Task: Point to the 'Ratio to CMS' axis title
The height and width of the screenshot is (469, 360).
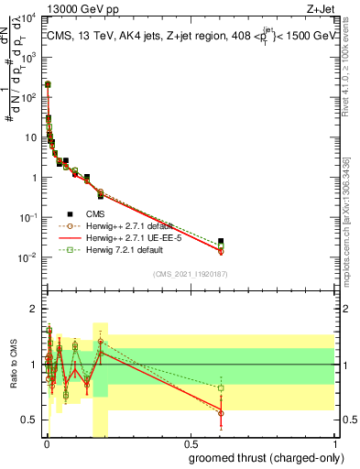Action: tap(13, 365)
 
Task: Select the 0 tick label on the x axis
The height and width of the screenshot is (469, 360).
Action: tap(47, 444)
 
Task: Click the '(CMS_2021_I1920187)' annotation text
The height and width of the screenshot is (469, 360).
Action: tap(191, 274)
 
